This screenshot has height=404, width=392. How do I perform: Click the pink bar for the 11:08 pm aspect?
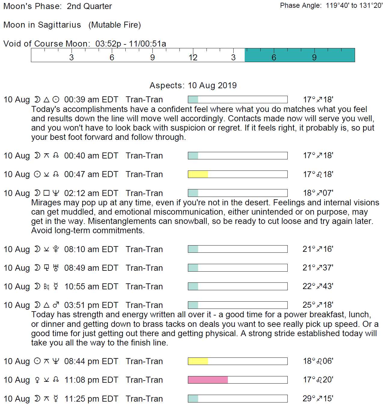pos(208,380)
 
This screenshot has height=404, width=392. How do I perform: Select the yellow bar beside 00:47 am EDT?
pos(198,174)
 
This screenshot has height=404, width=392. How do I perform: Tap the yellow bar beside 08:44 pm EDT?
pos(198,361)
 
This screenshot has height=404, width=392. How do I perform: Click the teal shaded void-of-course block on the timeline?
pos(299,55)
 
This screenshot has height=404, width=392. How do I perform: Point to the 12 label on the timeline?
pos(193,58)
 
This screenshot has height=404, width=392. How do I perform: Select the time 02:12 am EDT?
pos(91,193)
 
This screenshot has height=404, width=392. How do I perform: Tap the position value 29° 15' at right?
pos(318,399)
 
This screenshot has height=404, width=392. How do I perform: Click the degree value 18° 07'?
pos(318,193)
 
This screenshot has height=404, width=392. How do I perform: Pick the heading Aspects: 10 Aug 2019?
pos(193,86)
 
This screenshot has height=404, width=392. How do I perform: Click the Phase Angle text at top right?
pos(331,6)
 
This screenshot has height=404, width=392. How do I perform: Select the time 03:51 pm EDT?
pos(91,305)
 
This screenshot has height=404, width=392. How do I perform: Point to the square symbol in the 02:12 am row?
pos(46,193)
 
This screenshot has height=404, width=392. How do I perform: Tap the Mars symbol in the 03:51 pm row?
pos(56,305)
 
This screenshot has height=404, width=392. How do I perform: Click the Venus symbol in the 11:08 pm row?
pos(37,380)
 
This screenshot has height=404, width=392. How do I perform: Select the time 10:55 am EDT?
pos(91,287)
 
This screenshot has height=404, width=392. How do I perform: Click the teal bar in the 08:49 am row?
pos(193,268)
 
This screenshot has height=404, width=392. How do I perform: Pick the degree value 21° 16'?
pos(318,249)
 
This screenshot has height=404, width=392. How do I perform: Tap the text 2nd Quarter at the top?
pos(89,6)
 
